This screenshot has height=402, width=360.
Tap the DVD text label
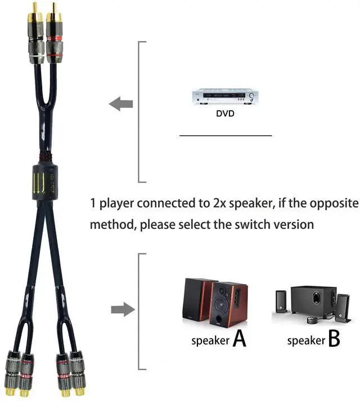[x=225, y=114]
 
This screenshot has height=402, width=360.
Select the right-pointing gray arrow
[x=122, y=309]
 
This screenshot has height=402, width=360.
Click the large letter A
[x=239, y=339]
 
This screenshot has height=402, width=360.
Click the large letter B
[x=334, y=339]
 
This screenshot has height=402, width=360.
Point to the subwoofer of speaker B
[x=313, y=302]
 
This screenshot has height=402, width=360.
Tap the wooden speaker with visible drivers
[x=228, y=305]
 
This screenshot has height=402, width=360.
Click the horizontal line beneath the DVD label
[x=225, y=135]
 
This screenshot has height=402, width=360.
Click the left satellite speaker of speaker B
[x=281, y=304]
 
